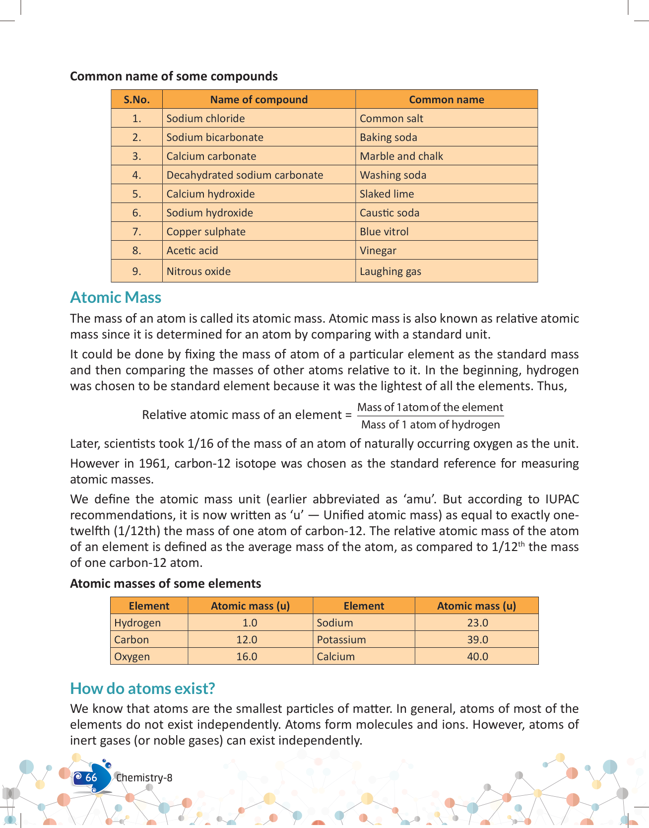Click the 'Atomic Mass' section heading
116,297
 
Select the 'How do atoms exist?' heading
142,689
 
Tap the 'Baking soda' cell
388,138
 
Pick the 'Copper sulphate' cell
206,232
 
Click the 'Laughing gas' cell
390,272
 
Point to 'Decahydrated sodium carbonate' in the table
245,175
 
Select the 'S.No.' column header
136,100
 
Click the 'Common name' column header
446,100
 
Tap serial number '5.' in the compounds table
136,194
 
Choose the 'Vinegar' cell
378,251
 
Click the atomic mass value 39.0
477,640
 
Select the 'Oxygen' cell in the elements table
131,657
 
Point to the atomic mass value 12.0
247,640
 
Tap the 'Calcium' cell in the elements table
335,657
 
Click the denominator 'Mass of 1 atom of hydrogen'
430,425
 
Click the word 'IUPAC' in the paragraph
562,499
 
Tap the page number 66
91,778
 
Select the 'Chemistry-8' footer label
144,778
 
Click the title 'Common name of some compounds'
174,76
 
